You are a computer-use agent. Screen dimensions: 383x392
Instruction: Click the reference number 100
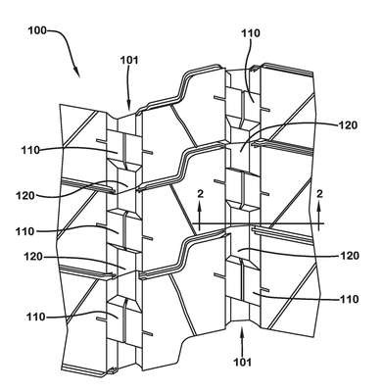click(x=37, y=31)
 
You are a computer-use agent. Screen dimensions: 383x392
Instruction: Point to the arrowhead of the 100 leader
click(x=76, y=73)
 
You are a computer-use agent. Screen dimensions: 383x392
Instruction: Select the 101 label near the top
click(x=129, y=61)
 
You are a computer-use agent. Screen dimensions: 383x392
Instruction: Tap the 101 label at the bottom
click(x=242, y=363)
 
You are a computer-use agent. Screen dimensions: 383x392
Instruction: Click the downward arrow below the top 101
click(x=129, y=88)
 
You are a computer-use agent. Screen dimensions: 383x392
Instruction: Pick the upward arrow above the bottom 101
click(x=242, y=342)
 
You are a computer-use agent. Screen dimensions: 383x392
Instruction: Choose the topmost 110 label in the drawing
click(x=251, y=33)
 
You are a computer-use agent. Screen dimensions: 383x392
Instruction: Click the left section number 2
click(x=200, y=194)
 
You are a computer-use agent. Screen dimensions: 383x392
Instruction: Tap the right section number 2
click(x=319, y=194)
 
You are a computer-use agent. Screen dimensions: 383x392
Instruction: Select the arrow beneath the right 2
click(x=319, y=213)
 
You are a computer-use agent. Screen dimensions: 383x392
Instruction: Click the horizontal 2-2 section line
click(x=258, y=223)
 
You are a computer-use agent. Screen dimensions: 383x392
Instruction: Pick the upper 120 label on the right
click(x=348, y=125)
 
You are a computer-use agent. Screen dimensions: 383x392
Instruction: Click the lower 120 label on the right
click(x=350, y=256)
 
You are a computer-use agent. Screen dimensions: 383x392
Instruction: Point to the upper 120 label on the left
click(x=25, y=196)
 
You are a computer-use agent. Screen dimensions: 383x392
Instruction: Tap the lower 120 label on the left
click(x=33, y=257)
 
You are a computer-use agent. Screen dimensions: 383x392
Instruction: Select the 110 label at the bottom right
click(x=349, y=299)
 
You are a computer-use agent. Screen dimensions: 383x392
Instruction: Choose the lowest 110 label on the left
click(x=36, y=317)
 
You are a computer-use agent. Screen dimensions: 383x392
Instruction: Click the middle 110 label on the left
click(x=25, y=231)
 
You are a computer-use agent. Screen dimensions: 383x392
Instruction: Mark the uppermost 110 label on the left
click(x=30, y=151)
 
